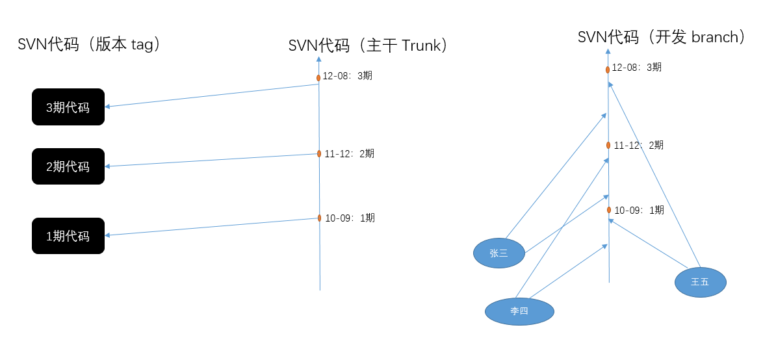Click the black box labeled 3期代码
pyautogui.click(x=68, y=107)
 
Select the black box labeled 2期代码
pyautogui.click(x=68, y=166)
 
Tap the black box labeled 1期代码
pyautogui.click(x=68, y=236)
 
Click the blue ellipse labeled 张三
pyautogui.click(x=498, y=253)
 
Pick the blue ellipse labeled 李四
pyautogui.click(x=519, y=311)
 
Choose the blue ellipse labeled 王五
pyautogui.click(x=700, y=282)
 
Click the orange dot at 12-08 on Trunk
pyautogui.click(x=318, y=78)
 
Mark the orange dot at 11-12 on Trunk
pyautogui.click(x=319, y=154)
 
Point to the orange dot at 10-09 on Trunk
pyautogui.click(x=320, y=218)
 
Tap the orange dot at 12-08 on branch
pyautogui.click(x=608, y=70)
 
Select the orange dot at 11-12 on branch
pyautogui.click(x=608, y=145)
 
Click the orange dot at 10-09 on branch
pyautogui.click(x=609, y=210)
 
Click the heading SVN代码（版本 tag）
pyautogui.click(x=89, y=44)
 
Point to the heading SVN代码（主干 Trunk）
pyautogui.click(x=369, y=45)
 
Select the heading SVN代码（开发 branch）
pyautogui.click(x=662, y=37)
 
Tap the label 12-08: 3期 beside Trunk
pyautogui.click(x=348, y=76)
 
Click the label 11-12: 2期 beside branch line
pyautogui.click(x=639, y=145)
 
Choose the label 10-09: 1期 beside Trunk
pyautogui.click(x=350, y=218)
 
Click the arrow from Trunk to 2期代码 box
pyautogui.click(x=211, y=161)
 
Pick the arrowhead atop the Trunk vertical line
pyautogui.click(x=318, y=59)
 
